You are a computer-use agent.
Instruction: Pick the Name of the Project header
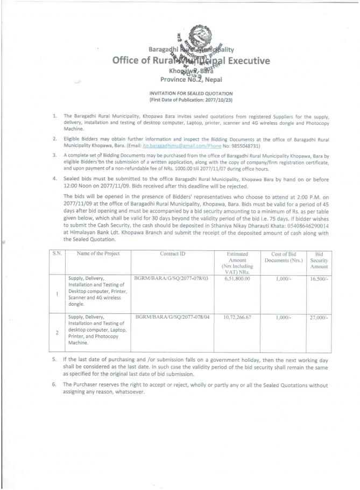pyautogui.click(x=98, y=253)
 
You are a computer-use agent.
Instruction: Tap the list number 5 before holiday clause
pyautogui.click(x=54, y=358)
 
